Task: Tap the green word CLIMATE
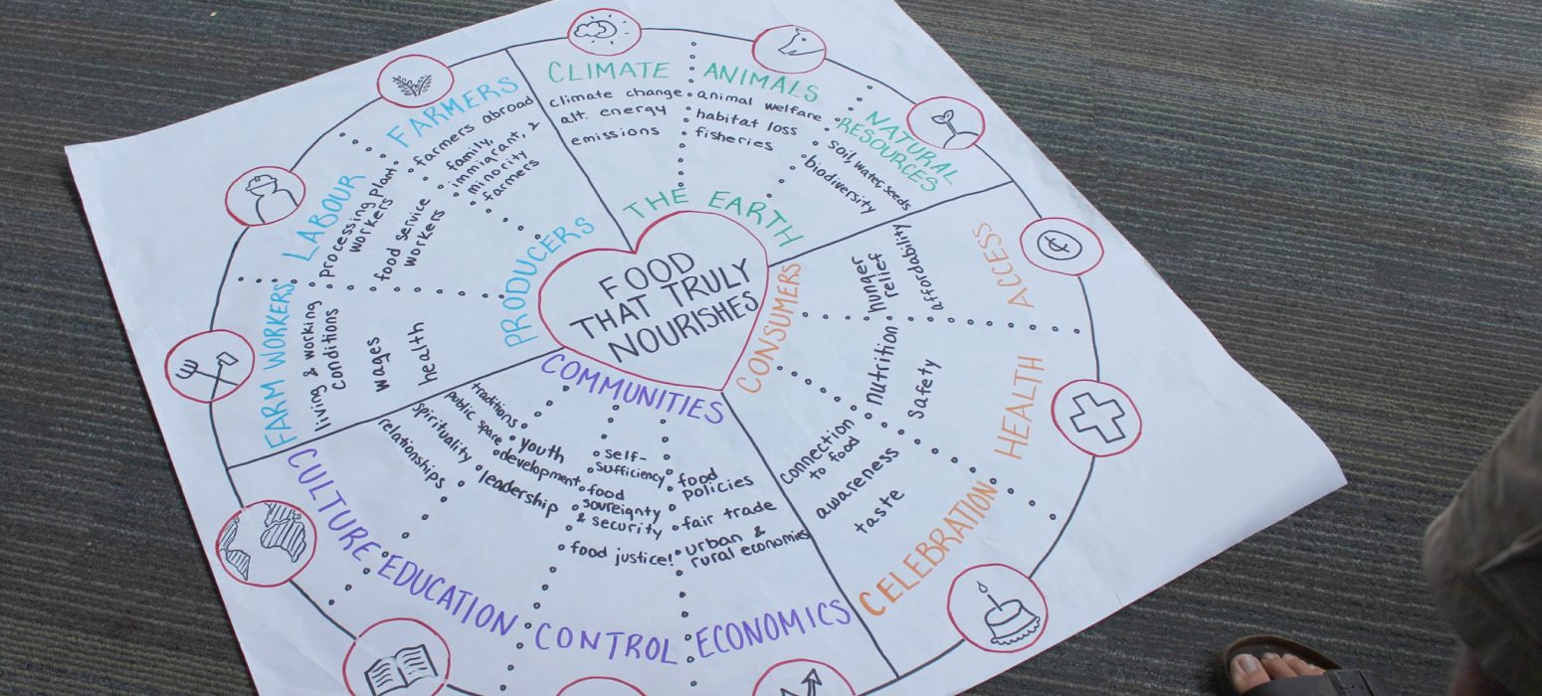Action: pyautogui.click(x=609, y=71)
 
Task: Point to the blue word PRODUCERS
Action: pyautogui.click(x=548, y=282)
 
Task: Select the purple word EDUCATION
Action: pyautogui.click(x=447, y=597)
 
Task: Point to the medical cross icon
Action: pyautogui.click(x=1096, y=418)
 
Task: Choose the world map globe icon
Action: pyautogui.click(x=266, y=542)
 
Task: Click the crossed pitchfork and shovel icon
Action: pyautogui.click(x=209, y=366)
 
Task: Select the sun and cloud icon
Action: pyautogui.click(x=604, y=31)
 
